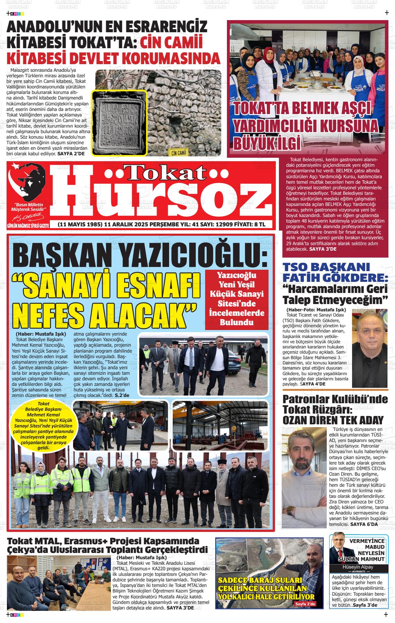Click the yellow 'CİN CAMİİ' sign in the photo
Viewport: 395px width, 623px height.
179,153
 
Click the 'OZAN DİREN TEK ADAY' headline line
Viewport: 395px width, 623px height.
333,420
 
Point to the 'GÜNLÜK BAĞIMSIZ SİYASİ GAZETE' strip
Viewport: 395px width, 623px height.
28,226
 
